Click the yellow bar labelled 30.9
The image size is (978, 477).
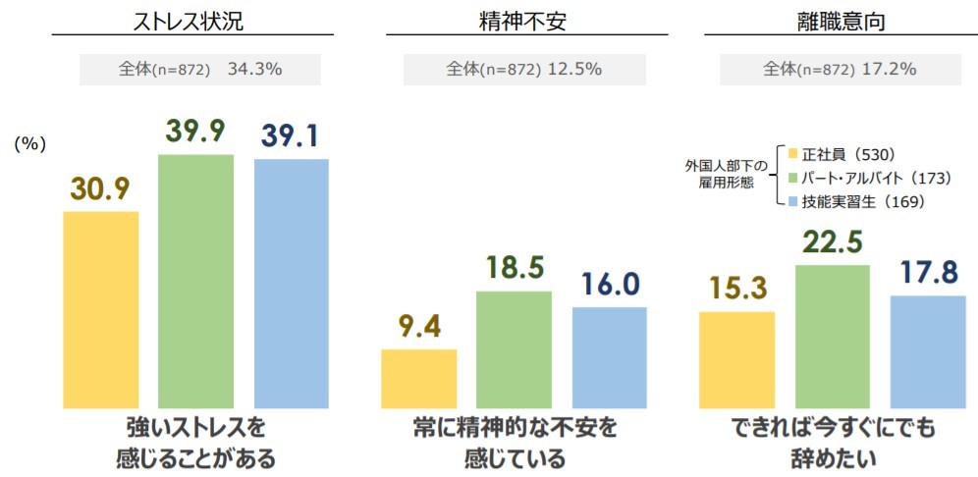[x=100, y=309]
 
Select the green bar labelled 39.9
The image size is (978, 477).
[x=195, y=281]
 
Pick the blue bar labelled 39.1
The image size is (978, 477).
[x=291, y=283]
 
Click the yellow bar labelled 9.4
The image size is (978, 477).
[x=418, y=378]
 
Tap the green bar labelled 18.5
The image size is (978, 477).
[x=514, y=348]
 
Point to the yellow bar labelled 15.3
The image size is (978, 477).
[x=736, y=359]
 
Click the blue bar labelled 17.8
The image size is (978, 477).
[x=928, y=351]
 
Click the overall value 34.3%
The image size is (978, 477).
[x=255, y=70]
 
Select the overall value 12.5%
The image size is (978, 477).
[x=573, y=70]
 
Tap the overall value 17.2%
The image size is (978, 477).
[x=889, y=70]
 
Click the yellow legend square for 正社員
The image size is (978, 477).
[x=793, y=154]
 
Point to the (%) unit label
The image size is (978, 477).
[x=30, y=143]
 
